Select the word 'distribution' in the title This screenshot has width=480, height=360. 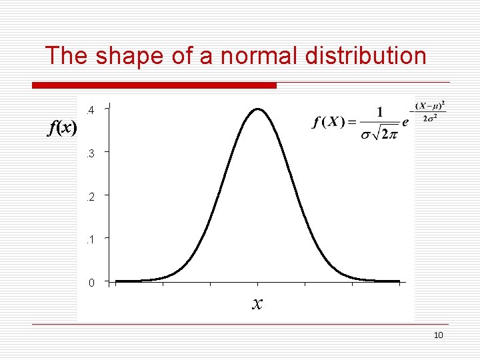tap(365, 56)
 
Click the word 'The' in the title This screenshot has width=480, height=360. tap(67, 56)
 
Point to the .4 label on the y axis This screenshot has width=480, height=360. tap(91, 110)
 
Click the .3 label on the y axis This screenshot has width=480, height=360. tap(91, 154)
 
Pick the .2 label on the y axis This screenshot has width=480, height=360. tap(91, 197)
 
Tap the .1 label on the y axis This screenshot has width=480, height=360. tap(91, 239)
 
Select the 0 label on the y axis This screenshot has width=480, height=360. tap(91, 283)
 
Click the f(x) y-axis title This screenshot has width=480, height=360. tap(62, 128)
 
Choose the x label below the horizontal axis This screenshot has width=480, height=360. tap(257, 304)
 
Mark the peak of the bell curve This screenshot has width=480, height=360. tap(258, 109)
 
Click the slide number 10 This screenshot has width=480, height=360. tap(438, 335)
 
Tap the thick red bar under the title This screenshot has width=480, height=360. tap(154, 85)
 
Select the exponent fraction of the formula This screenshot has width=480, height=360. tap(430, 111)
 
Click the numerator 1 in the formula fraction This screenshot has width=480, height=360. tap(379, 111)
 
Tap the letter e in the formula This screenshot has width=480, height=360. tap(405, 123)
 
